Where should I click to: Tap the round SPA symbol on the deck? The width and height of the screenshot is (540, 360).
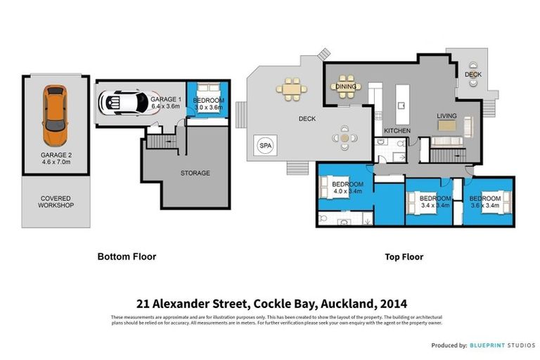click(x=266, y=145)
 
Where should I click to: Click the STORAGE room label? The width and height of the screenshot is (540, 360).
click(x=195, y=173)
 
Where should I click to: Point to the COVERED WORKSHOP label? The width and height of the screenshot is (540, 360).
click(x=56, y=202)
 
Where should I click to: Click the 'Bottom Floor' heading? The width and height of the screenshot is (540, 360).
click(x=127, y=257)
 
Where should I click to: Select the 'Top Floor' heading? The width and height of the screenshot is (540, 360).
click(x=404, y=257)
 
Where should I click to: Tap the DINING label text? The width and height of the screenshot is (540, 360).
click(x=346, y=87)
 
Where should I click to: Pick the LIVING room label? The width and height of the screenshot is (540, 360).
click(x=446, y=116)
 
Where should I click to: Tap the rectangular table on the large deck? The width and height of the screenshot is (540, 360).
click(x=292, y=89)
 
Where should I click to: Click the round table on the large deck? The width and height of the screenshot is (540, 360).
click(x=344, y=138)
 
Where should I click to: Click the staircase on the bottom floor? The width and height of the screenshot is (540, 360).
click(x=163, y=142)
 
